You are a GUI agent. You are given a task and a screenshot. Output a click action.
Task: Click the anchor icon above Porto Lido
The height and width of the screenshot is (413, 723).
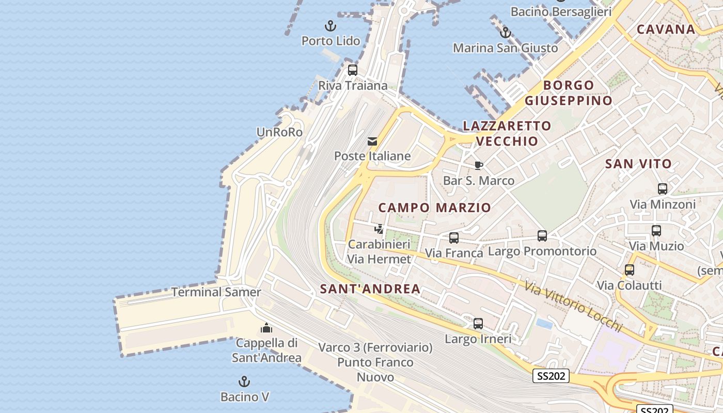pyautogui.click(x=330, y=25)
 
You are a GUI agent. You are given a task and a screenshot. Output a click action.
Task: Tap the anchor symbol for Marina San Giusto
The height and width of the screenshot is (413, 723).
pyautogui.click(x=506, y=33)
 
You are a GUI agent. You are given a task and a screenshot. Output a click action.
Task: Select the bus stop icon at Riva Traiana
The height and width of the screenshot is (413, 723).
pyautogui.click(x=353, y=70)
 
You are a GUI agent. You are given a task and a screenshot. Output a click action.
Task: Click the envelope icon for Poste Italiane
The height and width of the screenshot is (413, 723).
pyautogui.click(x=372, y=141)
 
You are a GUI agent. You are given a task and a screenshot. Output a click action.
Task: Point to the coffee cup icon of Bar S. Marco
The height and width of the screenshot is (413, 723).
pyautogui.click(x=479, y=165)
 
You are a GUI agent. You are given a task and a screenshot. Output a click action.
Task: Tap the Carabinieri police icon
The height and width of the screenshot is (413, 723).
pyautogui.click(x=379, y=229)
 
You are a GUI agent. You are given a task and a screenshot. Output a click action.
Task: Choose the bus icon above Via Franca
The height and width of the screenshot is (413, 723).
pyautogui.click(x=454, y=237)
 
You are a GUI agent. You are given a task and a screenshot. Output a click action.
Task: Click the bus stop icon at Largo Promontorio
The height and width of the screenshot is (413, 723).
pyautogui.click(x=542, y=236)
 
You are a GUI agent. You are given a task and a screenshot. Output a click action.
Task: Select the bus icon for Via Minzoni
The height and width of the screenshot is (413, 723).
pyautogui.click(x=663, y=189)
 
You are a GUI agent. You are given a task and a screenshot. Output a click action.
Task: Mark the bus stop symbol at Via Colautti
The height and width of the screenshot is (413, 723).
pyautogui.click(x=630, y=269)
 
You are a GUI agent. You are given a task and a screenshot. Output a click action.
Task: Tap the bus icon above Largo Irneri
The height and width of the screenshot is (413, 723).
pyautogui.click(x=478, y=324)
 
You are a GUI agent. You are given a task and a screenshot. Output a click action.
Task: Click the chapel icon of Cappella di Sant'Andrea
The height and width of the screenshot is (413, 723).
pyautogui.click(x=266, y=328)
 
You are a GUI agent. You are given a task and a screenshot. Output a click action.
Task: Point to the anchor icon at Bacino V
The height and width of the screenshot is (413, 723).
pyautogui.click(x=244, y=382)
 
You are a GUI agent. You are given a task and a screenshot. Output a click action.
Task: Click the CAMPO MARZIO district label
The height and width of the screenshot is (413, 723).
pyautogui.click(x=435, y=208)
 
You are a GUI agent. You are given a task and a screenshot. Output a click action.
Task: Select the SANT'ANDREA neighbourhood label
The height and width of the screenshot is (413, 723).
pyautogui.click(x=370, y=289)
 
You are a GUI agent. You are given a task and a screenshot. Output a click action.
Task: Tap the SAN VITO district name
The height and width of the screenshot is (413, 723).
pyautogui.click(x=638, y=164)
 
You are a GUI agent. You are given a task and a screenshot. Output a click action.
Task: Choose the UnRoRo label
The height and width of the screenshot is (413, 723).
pyautogui.click(x=279, y=132)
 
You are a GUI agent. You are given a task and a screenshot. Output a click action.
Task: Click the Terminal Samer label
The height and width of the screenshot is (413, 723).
pyautogui.click(x=216, y=292)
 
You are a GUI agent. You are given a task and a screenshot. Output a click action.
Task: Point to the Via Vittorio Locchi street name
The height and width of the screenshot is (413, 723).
pyautogui.click(x=573, y=307)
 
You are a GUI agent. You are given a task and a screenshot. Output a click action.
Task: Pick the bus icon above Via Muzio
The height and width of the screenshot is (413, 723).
pyautogui.click(x=656, y=231)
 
